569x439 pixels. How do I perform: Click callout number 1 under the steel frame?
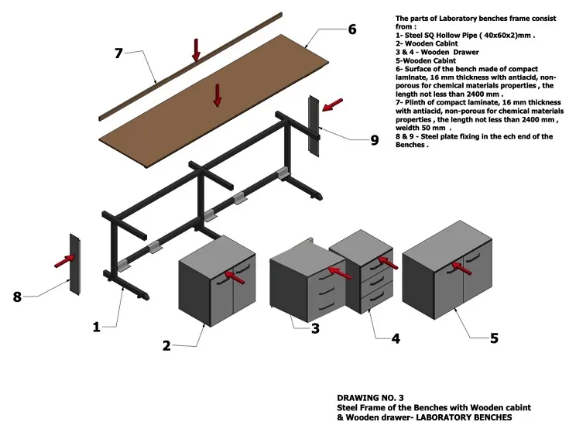[x=97, y=327]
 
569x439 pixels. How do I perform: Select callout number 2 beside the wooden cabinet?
[x=166, y=345]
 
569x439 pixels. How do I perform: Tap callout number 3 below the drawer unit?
[x=315, y=328]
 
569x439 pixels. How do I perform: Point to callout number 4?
[x=395, y=338]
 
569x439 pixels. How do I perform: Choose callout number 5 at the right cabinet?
[x=494, y=338]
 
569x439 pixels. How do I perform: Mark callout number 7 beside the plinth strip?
[x=118, y=53]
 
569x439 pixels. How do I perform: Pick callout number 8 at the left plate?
[x=17, y=295]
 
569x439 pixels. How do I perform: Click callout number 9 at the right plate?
[x=374, y=139]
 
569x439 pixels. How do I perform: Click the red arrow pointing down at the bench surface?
[x=218, y=94]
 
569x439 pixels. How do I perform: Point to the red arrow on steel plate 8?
[x=65, y=261]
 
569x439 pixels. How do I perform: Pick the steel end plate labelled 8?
[x=76, y=263]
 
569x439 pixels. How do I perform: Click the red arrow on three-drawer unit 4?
[x=389, y=262]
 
